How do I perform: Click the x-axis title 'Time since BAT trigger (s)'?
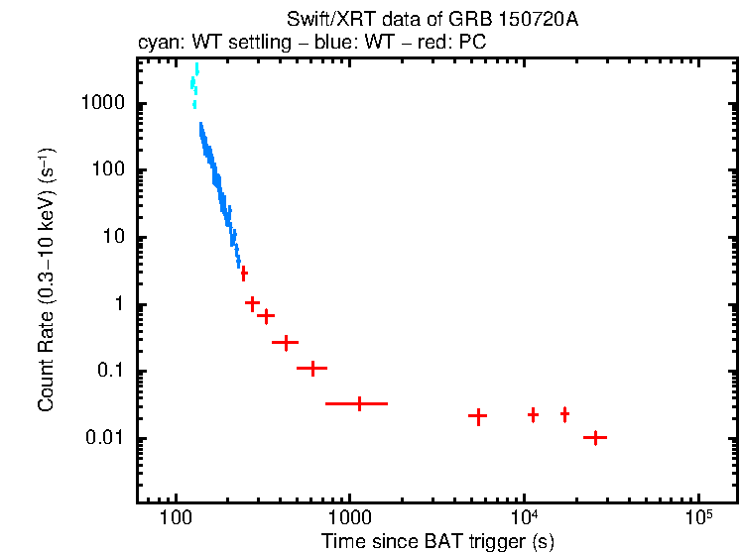click(437, 541)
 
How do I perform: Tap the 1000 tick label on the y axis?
click(102, 104)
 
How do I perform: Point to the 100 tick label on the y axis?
click(107, 170)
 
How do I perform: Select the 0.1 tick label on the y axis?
click(111, 372)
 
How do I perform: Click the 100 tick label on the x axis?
click(176, 518)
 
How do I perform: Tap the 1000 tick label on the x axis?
click(349, 518)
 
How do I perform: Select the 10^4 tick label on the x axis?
click(524, 516)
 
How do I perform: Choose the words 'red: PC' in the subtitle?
click(455, 45)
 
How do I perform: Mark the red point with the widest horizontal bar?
click(357, 403)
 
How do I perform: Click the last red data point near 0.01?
click(594, 437)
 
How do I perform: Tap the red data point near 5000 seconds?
click(477, 417)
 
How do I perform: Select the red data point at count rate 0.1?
click(312, 368)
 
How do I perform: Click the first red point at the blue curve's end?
click(243, 273)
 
